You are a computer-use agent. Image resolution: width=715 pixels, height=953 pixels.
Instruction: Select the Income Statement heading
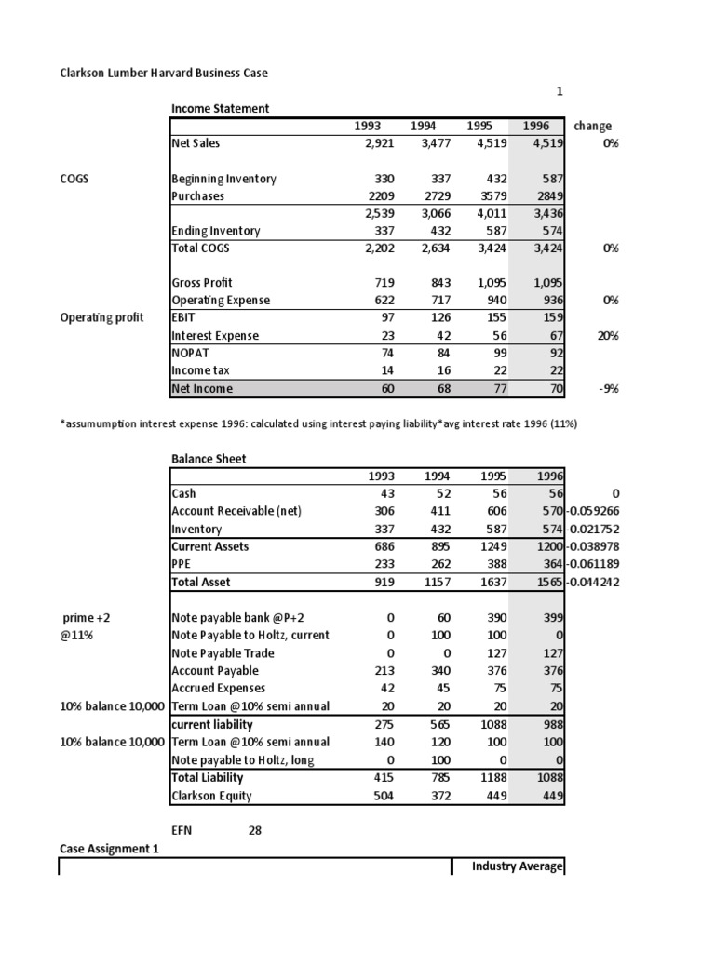(220, 108)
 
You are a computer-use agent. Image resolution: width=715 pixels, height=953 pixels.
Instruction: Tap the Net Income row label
(202, 388)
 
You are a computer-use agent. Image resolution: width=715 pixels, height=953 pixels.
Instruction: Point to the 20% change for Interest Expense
(608, 335)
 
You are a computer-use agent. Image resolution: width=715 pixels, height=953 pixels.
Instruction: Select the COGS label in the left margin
(74, 179)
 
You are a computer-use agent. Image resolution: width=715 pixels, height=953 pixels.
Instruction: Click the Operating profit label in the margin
(101, 317)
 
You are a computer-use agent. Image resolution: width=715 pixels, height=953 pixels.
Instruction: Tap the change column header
(593, 126)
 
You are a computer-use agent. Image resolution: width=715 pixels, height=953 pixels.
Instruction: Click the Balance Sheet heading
(209, 458)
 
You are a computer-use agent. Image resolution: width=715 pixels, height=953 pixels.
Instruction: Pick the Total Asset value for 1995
(486, 582)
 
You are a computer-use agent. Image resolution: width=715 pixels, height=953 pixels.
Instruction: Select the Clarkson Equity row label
(211, 796)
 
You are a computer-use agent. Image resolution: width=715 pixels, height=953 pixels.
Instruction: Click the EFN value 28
(254, 831)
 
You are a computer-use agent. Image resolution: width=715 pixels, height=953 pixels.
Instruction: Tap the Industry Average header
(517, 866)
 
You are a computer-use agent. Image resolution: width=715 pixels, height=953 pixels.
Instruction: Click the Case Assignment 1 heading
(103, 848)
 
